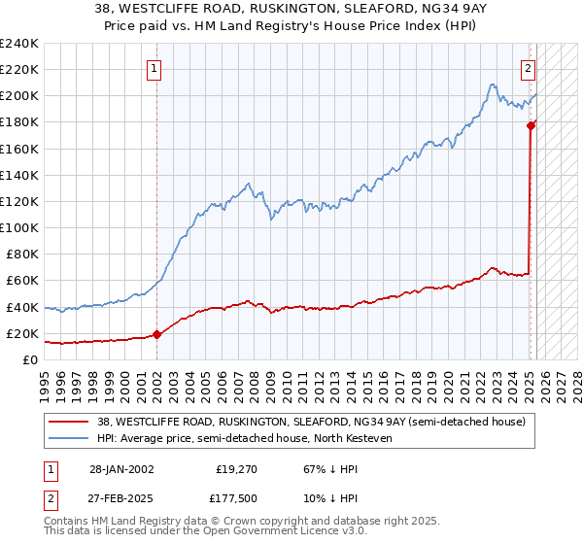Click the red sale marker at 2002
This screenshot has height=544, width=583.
point(157,334)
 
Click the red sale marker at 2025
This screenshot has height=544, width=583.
point(532,125)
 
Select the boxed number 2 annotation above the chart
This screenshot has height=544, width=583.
point(528,68)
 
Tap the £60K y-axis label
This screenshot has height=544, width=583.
point(23,280)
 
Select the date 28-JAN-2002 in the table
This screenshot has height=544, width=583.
point(121,469)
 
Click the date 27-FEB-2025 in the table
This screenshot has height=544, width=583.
point(121,498)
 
